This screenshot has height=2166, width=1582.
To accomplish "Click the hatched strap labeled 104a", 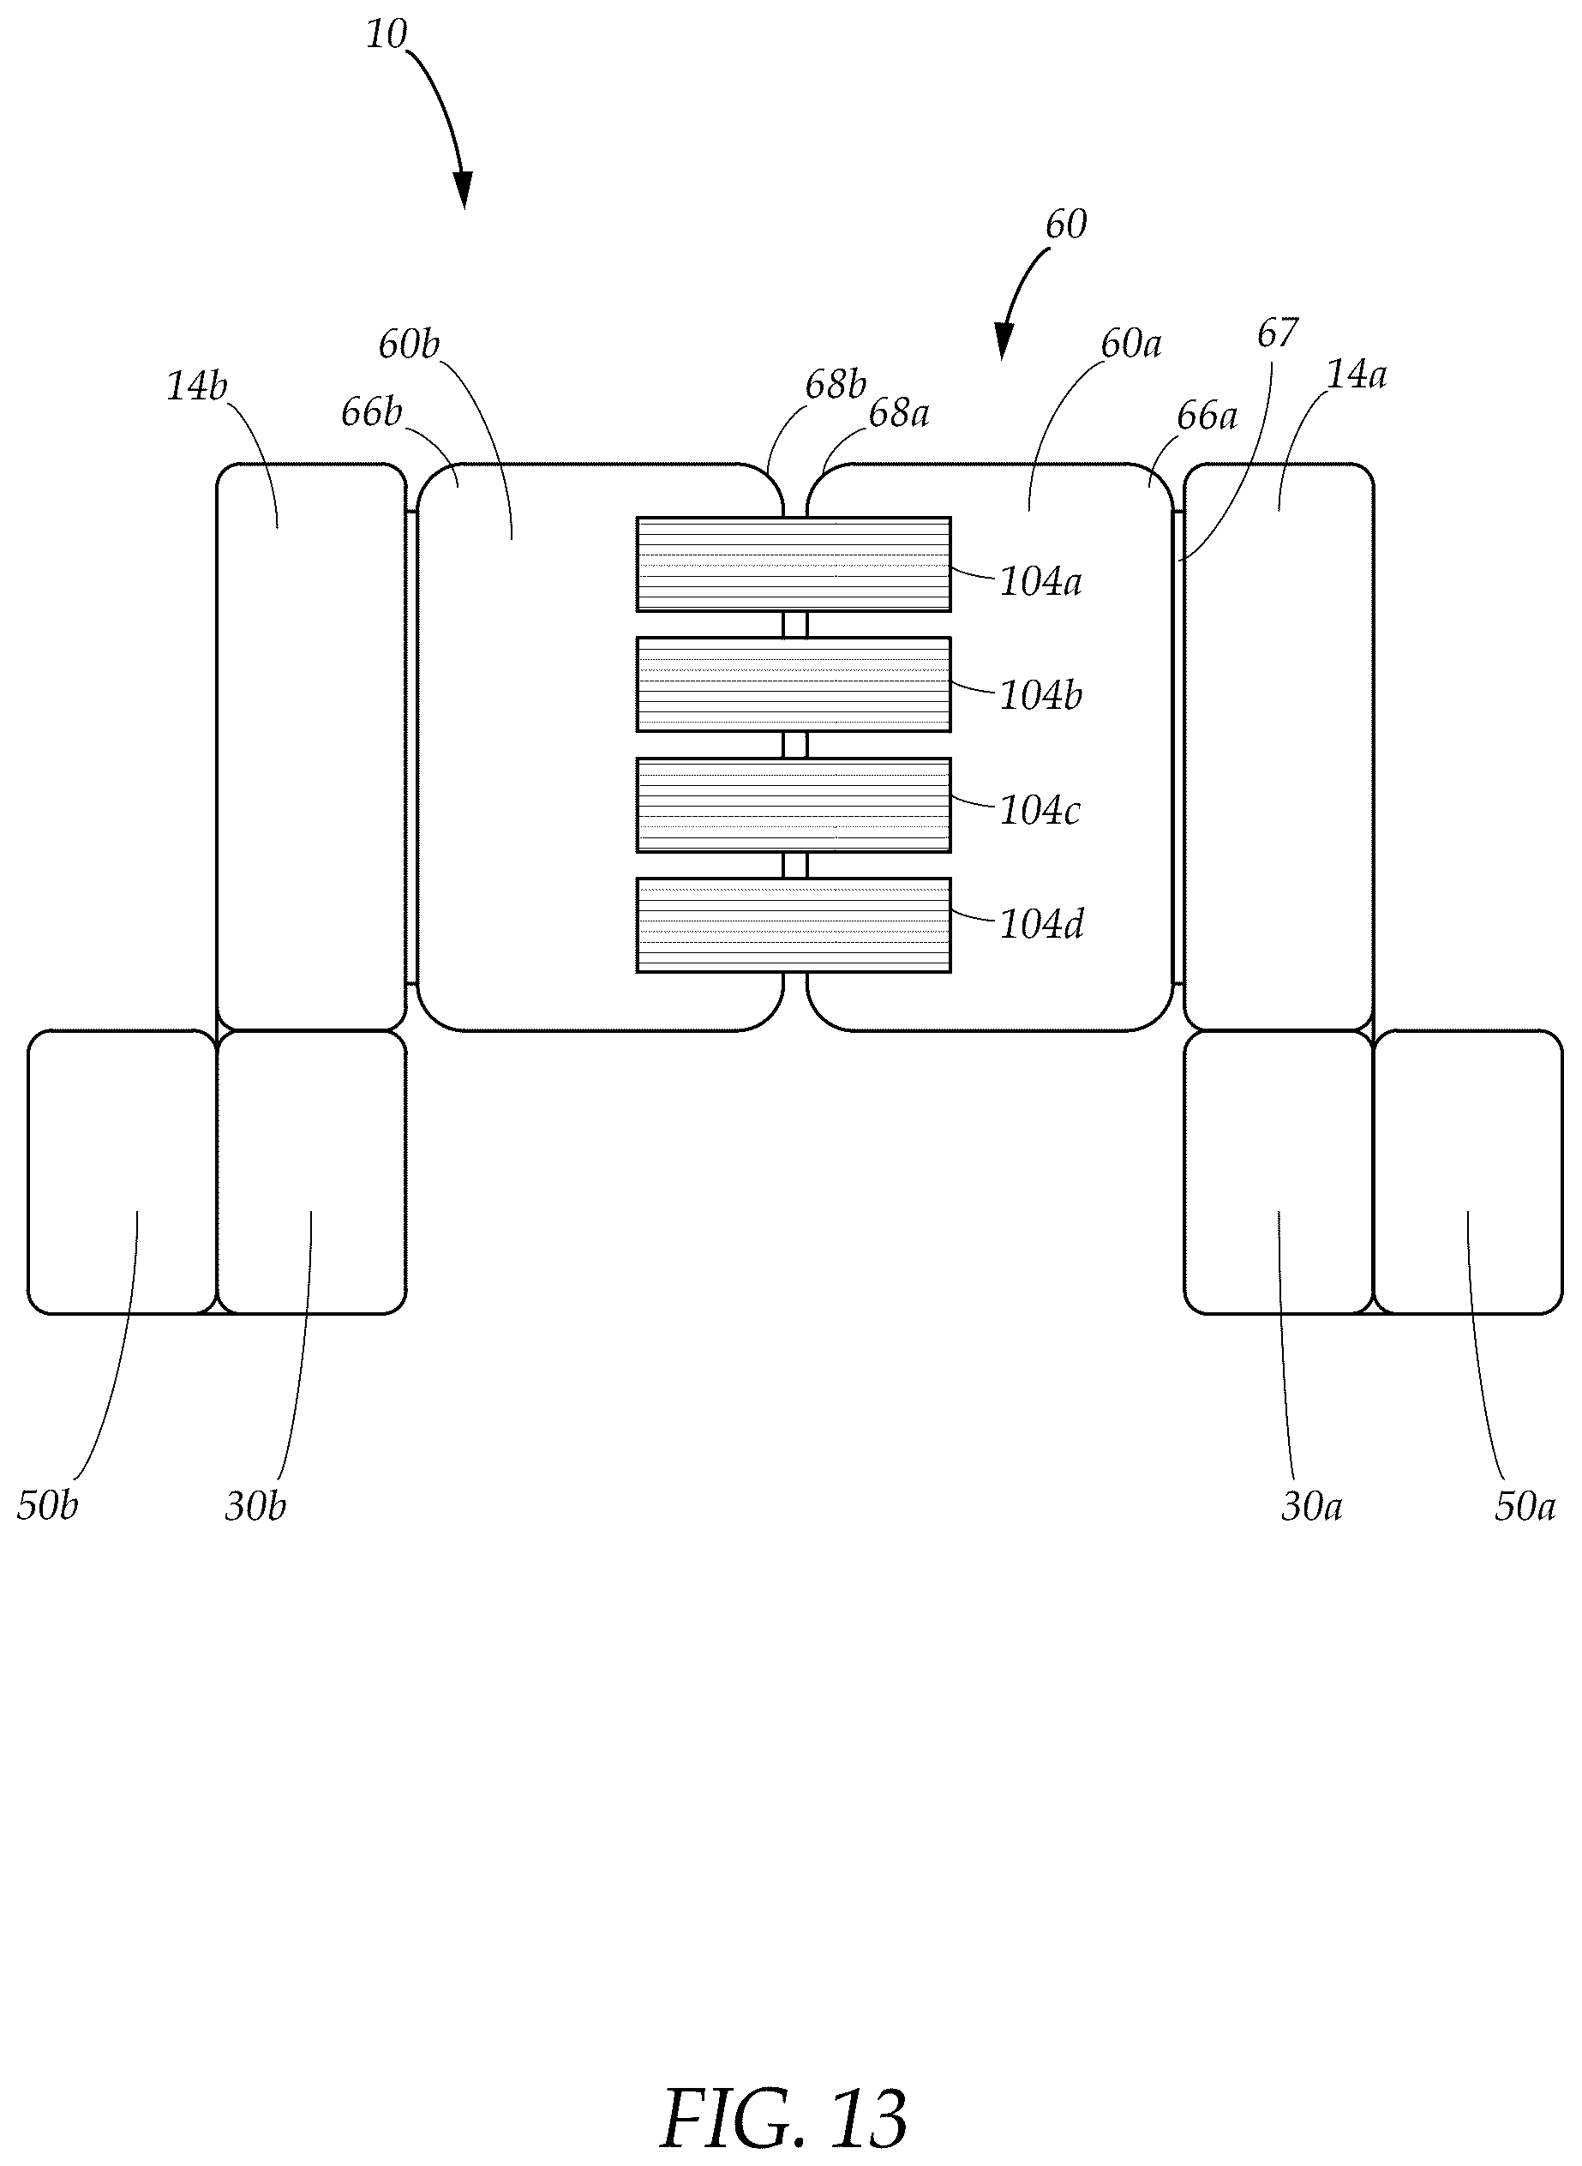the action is coord(794,564).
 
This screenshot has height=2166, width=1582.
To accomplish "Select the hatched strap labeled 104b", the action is coord(794,685).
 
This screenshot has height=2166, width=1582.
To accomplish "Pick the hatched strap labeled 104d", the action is coord(794,926).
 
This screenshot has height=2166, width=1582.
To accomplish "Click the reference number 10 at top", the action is coord(387,34).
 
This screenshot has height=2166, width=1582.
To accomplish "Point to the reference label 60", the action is coord(1066,225).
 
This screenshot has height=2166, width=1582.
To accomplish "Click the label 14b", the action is coord(197,386).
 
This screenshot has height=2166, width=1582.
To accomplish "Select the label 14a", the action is coord(1356,375).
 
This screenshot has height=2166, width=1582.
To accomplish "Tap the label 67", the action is coord(1278,333).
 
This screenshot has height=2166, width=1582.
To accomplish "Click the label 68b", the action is coord(835,384).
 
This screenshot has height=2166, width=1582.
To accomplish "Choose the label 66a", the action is coord(1207,416).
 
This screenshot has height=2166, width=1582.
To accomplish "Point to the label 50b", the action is coord(47,1505).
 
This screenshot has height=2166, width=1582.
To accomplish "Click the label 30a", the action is coord(1312,1506).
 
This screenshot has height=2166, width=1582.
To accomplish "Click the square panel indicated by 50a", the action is coord(1468,1172).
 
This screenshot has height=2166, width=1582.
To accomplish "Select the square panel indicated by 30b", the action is coord(312,1172).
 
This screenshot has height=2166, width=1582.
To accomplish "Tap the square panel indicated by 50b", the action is coord(123,1172).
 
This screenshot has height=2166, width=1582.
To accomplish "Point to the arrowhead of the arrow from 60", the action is coord(1003,343).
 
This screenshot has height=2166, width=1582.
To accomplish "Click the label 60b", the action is coord(409,344).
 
